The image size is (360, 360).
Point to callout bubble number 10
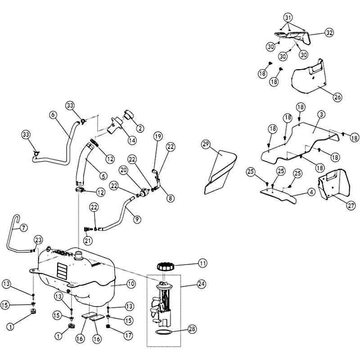tap(130, 284)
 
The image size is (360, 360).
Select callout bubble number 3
tap(320, 115)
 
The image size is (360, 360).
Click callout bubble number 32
tap(329, 33)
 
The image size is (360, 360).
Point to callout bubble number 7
tap(24, 227)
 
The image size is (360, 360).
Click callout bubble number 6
tap(53, 115)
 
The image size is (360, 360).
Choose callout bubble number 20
tap(124, 170)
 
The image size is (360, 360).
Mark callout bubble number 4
tap(310, 192)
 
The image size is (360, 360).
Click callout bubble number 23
tap(38, 239)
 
